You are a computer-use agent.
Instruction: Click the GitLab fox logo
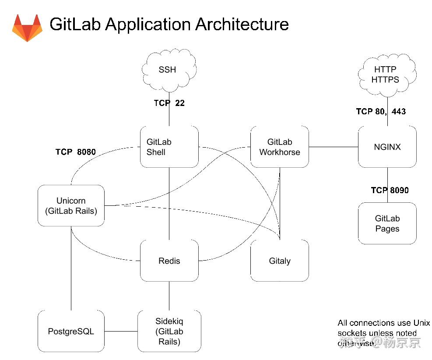click(x=27, y=28)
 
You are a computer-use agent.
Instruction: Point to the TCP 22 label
click(x=169, y=103)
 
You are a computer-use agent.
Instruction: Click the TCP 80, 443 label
click(x=381, y=112)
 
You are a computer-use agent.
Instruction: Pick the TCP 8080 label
click(x=75, y=152)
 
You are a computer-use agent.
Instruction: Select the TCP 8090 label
click(x=390, y=190)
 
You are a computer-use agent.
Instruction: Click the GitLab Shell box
click(x=169, y=147)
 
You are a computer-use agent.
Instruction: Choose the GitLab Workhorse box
click(x=280, y=147)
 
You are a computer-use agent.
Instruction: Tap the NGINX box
click(x=387, y=147)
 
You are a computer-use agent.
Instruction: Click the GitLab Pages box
click(x=387, y=223)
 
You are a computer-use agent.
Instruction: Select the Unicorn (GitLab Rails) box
click(x=71, y=206)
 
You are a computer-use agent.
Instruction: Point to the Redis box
click(x=169, y=261)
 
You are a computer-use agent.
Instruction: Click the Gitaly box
click(x=280, y=261)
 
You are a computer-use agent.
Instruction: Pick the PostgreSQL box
click(x=71, y=331)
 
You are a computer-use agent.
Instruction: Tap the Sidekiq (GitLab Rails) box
click(x=169, y=331)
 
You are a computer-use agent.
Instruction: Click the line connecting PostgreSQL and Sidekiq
click(x=121, y=331)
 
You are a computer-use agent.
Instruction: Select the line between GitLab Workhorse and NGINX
click(x=334, y=147)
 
